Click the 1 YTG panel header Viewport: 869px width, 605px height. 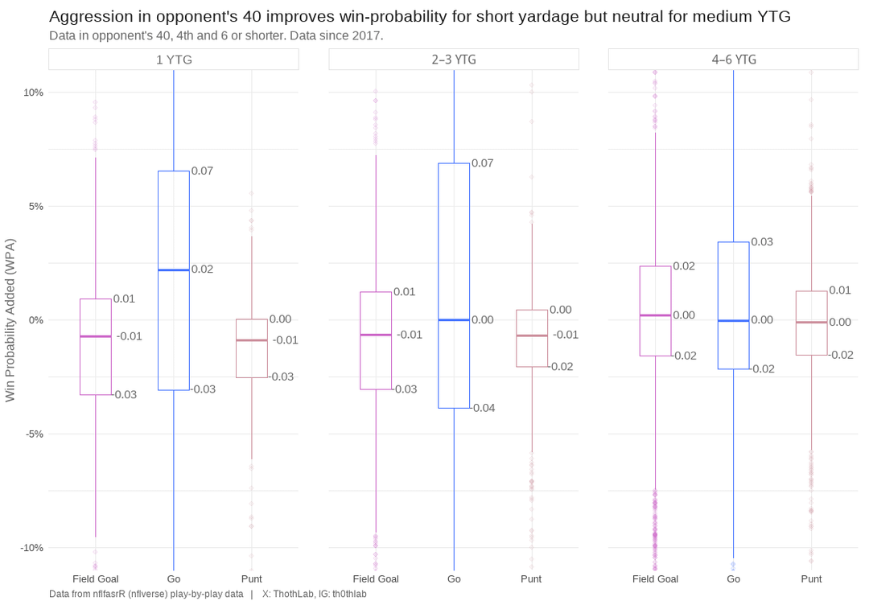click(x=174, y=60)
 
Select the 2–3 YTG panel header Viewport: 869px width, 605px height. click(x=454, y=60)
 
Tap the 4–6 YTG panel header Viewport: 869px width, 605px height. click(x=733, y=60)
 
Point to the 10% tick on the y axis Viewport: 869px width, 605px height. click(x=33, y=93)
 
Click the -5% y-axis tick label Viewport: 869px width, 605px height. click(x=33, y=434)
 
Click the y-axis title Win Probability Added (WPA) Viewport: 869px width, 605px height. click(x=10, y=319)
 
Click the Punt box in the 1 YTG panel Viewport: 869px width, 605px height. click(x=252, y=358)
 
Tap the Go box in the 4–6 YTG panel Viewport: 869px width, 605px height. click(x=733, y=346)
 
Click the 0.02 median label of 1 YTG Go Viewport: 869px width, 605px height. click(x=202, y=269)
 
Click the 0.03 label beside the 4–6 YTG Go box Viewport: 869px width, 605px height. click(x=762, y=241)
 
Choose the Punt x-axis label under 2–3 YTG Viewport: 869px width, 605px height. click(x=531, y=578)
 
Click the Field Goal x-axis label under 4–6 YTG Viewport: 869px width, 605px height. click(x=655, y=578)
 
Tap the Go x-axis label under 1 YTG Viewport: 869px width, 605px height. click(x=174, y=578)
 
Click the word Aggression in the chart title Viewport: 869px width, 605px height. click(x=89, y=17)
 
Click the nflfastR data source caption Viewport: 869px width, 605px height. click(x=146, y=594)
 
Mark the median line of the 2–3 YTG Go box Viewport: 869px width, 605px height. click(x=454, y=320)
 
